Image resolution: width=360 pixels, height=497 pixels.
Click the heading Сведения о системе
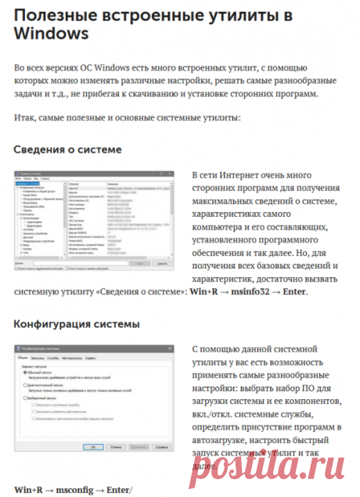tap(68, 149)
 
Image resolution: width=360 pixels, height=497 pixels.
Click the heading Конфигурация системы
tap(77, 322)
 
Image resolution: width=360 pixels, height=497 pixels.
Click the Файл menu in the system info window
tap(19, 178)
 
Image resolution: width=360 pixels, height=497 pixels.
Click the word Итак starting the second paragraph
tap(25, 117)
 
